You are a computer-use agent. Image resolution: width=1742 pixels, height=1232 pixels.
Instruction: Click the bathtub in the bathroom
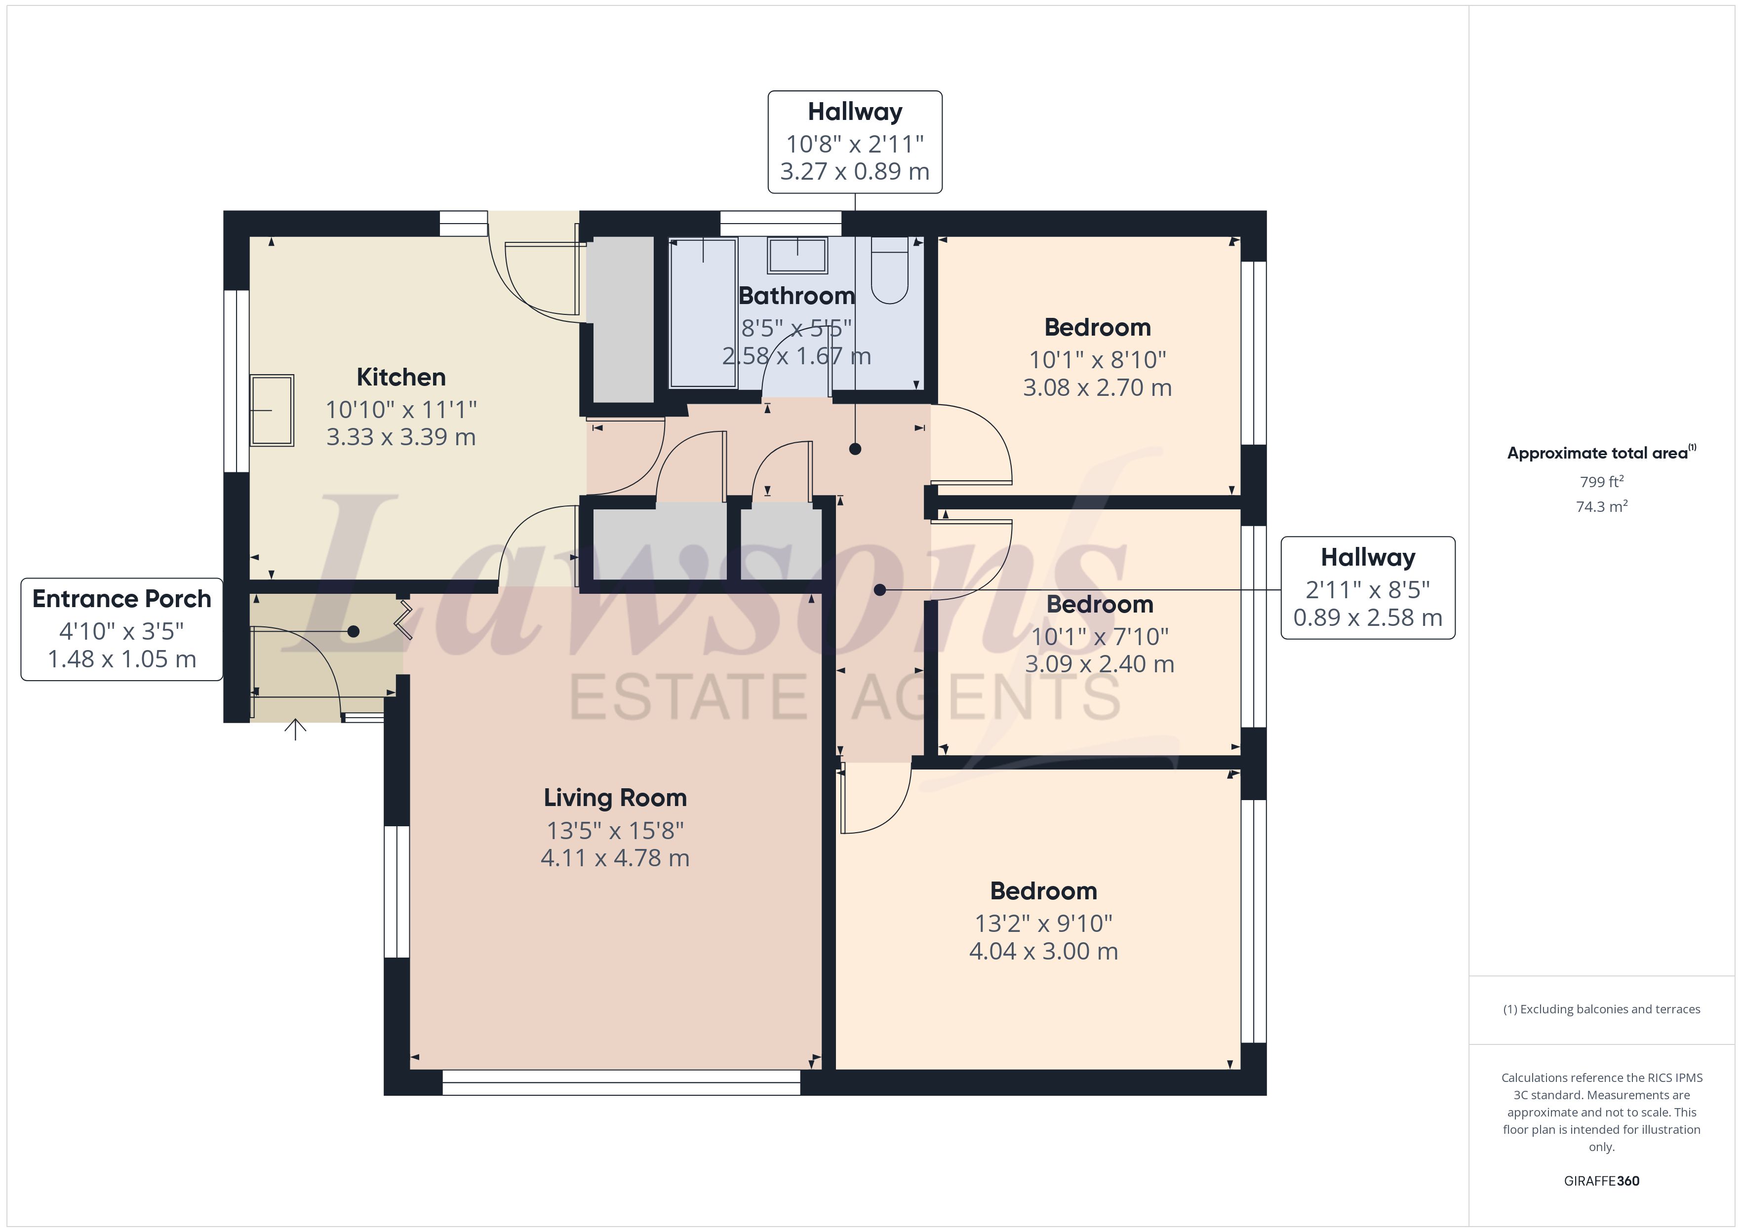[703, 313]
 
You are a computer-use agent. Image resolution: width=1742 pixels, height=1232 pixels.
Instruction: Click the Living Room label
[615, 798]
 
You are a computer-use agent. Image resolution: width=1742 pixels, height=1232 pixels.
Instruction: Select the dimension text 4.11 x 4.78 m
[615, 858]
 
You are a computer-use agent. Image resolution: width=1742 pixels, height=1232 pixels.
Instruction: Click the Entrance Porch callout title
[121, 599]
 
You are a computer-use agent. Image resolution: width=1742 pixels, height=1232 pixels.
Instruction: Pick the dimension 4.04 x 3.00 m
[1043, 951]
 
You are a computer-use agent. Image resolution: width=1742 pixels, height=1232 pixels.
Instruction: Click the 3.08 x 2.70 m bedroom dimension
[1097, 387]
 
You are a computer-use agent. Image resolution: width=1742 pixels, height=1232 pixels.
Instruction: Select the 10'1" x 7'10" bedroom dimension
[1100, 636]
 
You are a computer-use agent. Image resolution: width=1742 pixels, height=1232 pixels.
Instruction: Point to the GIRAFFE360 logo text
[1601, 1181]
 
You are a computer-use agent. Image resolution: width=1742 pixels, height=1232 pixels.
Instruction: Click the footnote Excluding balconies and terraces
[1601, 1009]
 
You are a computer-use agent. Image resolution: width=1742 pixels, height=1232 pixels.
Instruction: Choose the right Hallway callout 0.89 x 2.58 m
[1367, 617]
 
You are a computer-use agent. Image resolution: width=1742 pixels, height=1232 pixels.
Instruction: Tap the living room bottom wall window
[621, 1082]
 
